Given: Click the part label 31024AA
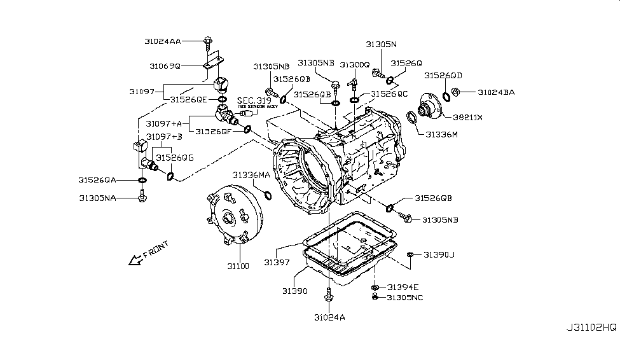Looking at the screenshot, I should click(163, 41).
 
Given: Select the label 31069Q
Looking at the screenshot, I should click(165, 66).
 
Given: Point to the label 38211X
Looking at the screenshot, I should click(467, 118).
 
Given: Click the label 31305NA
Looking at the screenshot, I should click(97, 198).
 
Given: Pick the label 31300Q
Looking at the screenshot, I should click(354, 66).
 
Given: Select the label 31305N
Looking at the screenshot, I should click(381, 45).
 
